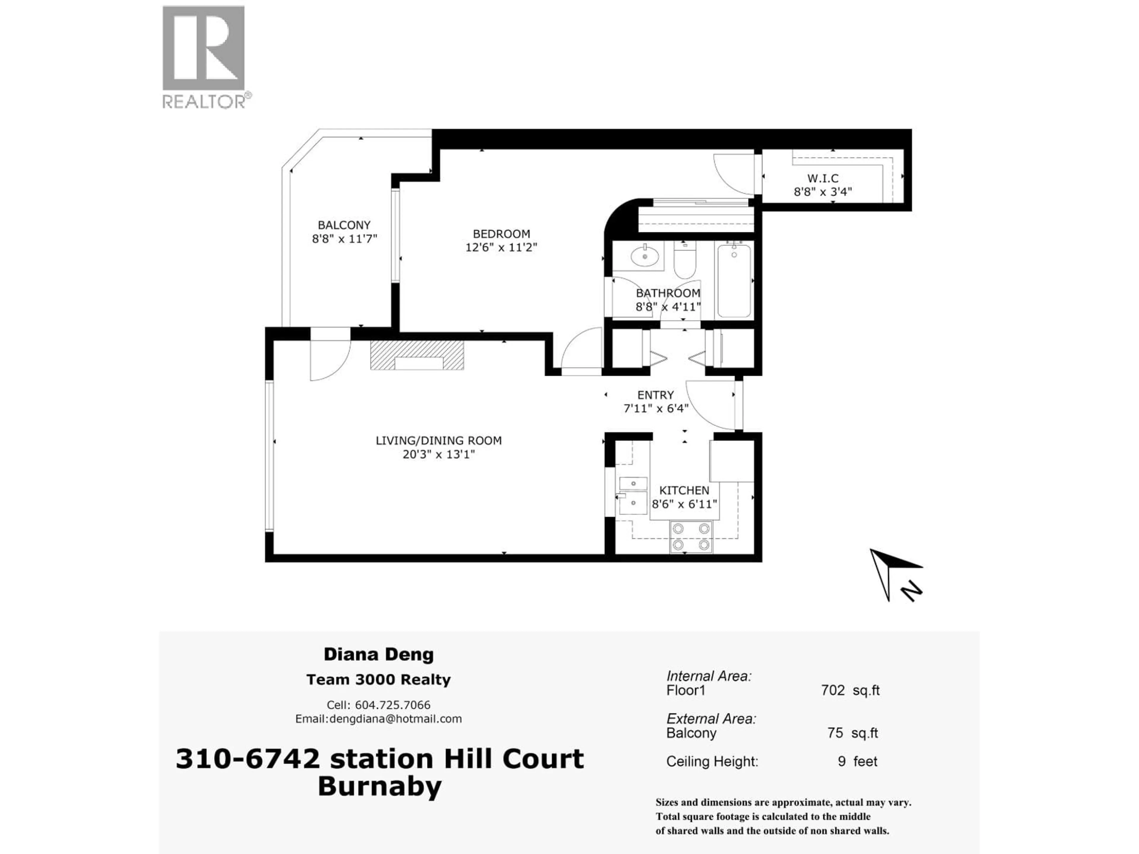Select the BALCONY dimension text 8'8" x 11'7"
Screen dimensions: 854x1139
click(344, 239)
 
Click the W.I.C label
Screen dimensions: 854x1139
click(822, 179)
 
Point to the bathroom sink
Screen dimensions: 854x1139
click(644, 256)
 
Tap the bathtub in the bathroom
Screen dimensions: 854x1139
click(734, 281)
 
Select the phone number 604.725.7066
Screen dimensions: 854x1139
click(392, 705)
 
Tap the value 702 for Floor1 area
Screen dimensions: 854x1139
click(833, 690)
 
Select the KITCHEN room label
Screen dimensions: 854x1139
click(684, 490)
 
